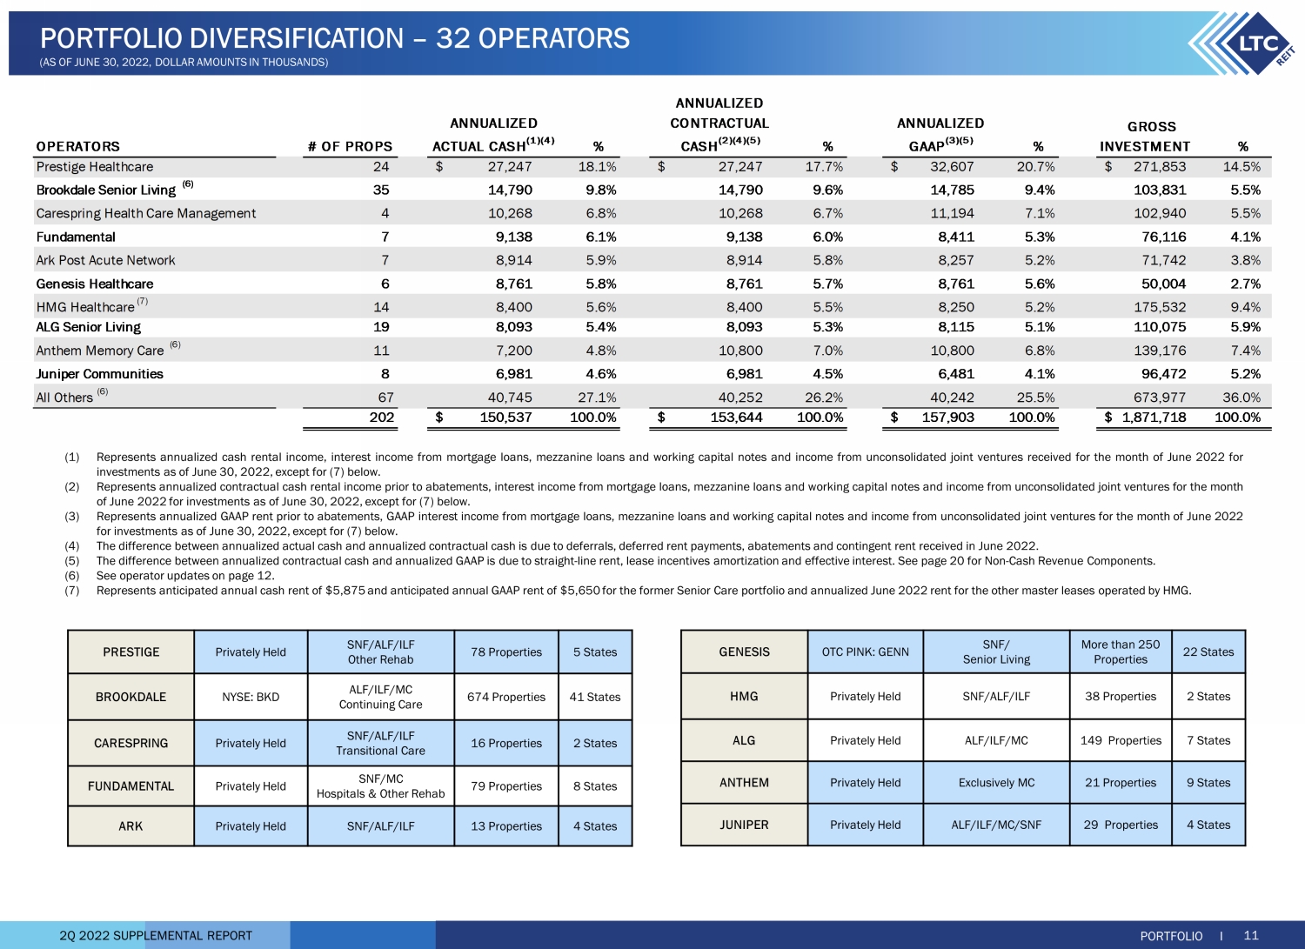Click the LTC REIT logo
(1241, 43)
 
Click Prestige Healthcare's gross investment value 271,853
(1160, 167)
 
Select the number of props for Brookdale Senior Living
(381, 190)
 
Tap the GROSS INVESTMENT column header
(1145, 137)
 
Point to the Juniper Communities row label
(100, 374)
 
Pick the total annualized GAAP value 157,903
(948, 418)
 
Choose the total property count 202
(382, 418)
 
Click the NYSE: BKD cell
(251, 697)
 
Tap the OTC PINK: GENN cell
(865, 652)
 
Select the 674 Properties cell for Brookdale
(506, 697)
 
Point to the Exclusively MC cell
(996, 782)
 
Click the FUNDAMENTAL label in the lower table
(130, 785)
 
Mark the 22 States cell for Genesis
(1208, 652)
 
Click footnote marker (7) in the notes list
(71, 590)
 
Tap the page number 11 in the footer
(1251, 935)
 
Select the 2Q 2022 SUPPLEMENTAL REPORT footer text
(156, 936)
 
